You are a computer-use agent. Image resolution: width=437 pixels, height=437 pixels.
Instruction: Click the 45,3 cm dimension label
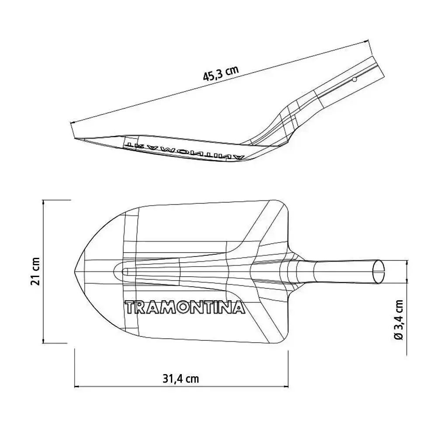click(221, 73)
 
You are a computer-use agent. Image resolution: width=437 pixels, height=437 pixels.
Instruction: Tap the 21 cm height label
click(36, 271)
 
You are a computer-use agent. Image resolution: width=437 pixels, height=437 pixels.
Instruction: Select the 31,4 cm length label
click(181, 379)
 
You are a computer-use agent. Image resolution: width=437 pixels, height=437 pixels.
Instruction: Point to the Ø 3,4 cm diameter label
click(399, 320)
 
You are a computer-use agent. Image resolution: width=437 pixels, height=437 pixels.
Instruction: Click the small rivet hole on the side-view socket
click(354, 80)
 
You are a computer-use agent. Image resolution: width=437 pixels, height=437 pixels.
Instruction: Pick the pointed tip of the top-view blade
click(75, 271)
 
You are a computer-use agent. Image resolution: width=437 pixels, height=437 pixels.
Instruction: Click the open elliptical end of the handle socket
click(379, 272)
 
